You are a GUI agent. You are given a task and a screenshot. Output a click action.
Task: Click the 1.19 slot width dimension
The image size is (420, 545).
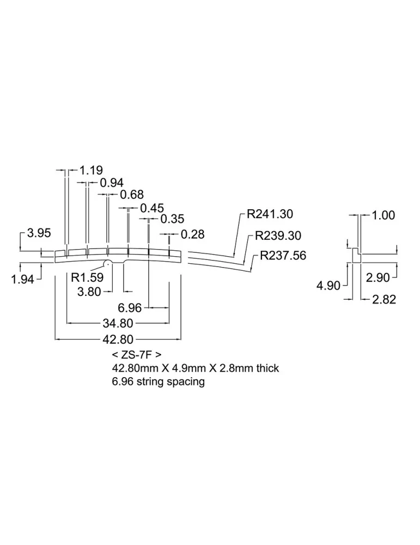click(x=91, y=170)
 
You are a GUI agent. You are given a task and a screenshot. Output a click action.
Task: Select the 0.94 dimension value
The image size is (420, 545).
click(x=112, y=183)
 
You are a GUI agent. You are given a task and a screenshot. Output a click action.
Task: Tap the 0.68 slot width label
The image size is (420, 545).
click(x=132, y=195)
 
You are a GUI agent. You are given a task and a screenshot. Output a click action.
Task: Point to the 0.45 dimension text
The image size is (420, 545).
click(x=152, y=208)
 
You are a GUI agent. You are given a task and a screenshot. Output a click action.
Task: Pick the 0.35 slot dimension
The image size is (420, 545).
click(x=172, y=219)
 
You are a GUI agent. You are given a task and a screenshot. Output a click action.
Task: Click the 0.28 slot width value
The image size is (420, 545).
click(x=192, y=234)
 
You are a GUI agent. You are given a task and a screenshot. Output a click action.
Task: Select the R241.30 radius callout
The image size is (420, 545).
click(x=270, y=214)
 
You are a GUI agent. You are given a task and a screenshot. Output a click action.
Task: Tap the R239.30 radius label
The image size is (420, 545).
click(x=278, y=235)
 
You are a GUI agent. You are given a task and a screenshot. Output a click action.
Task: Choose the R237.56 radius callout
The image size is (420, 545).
click(x=283, y=256)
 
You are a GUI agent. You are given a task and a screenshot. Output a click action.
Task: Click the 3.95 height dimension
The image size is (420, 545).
click(x=39, y=233)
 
